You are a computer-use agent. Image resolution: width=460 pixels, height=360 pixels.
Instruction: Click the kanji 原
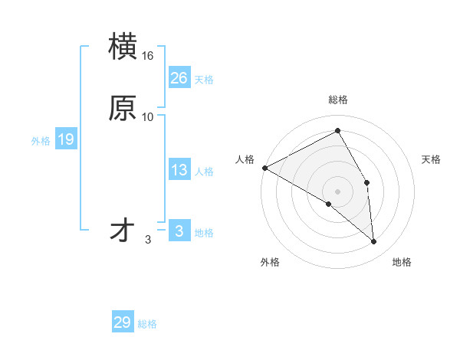[123, 108]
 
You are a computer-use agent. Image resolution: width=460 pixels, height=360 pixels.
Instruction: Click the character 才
[123, 230]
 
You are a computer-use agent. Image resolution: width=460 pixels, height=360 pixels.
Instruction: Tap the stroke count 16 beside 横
[148, 56]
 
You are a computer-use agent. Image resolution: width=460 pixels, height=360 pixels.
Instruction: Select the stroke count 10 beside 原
[148, 116]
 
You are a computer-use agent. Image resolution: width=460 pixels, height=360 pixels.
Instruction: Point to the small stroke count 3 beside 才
[148, 240]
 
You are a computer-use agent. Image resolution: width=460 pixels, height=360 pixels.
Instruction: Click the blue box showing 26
[179, 77]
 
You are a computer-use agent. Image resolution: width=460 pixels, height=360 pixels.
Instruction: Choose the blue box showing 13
[179, 170]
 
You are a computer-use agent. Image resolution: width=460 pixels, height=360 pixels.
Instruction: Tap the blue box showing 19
[65, 139]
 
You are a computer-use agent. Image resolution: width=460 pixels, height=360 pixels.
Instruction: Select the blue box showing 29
[123, 322]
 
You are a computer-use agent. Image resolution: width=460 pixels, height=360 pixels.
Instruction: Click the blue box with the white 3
[179, 231]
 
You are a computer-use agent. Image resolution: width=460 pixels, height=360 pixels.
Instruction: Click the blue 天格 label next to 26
[204, 79]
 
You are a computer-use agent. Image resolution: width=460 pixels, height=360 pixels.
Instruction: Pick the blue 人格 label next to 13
[204, 172]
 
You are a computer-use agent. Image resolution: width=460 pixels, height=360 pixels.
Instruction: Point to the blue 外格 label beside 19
[41, 141]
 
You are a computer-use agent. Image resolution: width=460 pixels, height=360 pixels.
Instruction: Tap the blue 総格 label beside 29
[147, 324]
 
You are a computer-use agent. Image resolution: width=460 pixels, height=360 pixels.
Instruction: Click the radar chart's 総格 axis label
[338, 100]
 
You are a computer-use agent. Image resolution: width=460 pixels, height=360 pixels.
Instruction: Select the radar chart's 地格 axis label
[402, 263]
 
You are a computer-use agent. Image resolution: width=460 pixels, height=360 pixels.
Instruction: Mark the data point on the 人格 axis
[264, 168]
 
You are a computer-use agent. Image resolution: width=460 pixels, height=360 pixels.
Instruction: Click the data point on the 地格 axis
[374, 242]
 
